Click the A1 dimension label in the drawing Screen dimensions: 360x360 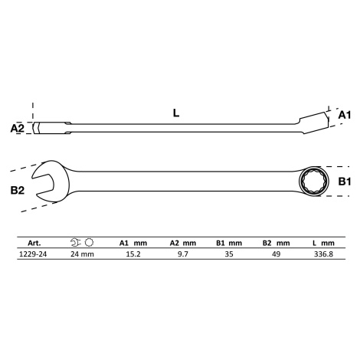[345, 116]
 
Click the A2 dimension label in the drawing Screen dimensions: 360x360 [18, 128]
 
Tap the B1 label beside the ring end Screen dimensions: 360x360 [345, 182]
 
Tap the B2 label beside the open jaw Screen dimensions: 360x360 [18, 190]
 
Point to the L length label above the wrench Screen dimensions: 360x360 [176, 113]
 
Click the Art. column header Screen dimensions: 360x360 [34, 243]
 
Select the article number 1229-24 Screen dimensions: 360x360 [33, 254]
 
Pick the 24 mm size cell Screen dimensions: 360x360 [82, 254]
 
